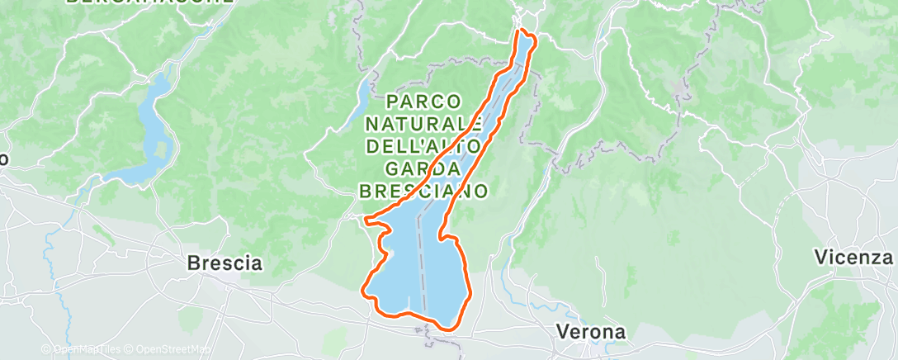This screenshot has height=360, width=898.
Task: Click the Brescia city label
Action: (x=224, y=264)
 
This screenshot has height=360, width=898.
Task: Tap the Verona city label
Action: (x=590, y=332)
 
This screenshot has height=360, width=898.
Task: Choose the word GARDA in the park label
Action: (x=423, y=169)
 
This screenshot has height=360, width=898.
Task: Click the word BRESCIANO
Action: (x=423, y=191)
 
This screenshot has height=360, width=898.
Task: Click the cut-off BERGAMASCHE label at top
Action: (x=149, y=2)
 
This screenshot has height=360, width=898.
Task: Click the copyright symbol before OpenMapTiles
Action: (x=45, y=350)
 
